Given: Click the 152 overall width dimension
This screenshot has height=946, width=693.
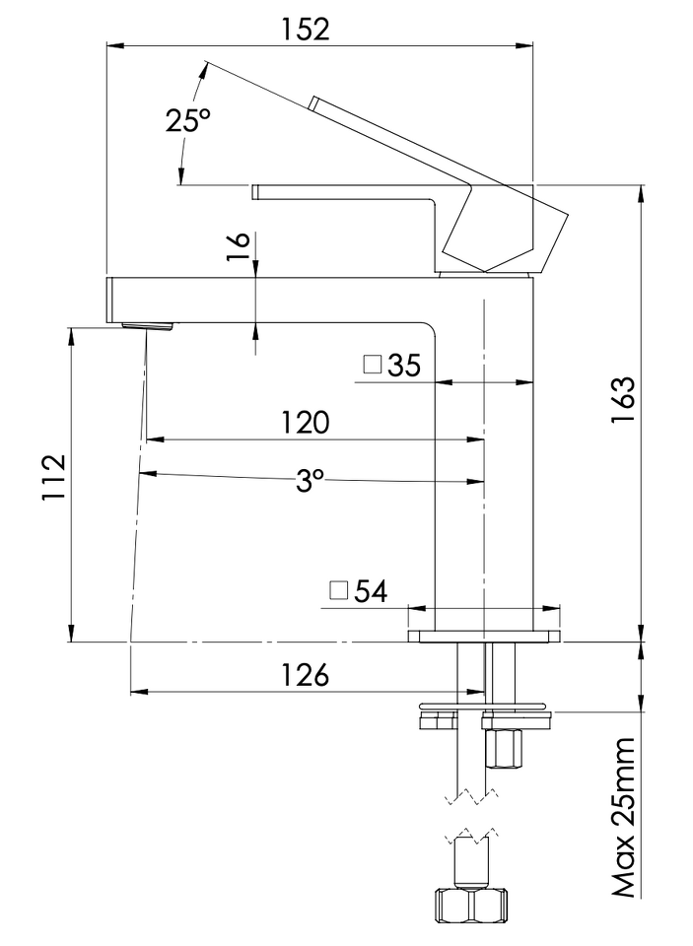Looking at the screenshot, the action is [307, 29].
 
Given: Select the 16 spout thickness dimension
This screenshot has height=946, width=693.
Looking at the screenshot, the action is [238, 246].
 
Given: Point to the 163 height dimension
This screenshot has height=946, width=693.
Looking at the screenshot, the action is [624, 401].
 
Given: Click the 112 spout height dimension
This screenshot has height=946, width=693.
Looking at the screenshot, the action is [53, 477].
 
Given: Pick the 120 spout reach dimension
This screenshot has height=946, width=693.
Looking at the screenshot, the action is [306, 423].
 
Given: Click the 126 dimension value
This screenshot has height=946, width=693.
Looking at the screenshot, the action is [306, 674].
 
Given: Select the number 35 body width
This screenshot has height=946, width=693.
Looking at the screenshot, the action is [404, 365].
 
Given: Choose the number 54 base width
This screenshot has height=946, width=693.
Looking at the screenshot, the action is [371, 591].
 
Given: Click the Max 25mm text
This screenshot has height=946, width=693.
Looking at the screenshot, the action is [624, 817].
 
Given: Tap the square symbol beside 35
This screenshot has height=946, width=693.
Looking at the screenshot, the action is [373, 365].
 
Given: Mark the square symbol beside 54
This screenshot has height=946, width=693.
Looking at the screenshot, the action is [339, 590].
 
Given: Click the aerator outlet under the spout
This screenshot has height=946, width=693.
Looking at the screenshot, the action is [147, 326].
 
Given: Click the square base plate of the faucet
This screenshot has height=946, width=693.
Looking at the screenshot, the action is [484, 636].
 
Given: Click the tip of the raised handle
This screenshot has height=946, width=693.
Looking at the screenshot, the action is [312, 102].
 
